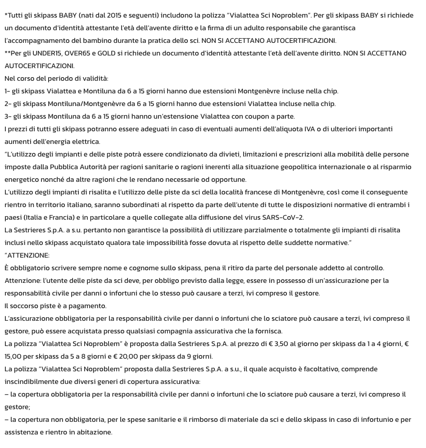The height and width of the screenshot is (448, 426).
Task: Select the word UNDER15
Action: [47, 53]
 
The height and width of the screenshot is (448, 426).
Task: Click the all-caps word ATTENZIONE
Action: [28, 255]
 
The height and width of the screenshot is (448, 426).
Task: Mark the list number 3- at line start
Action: [8, 116]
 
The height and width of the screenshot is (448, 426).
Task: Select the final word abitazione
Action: [94, 432]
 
